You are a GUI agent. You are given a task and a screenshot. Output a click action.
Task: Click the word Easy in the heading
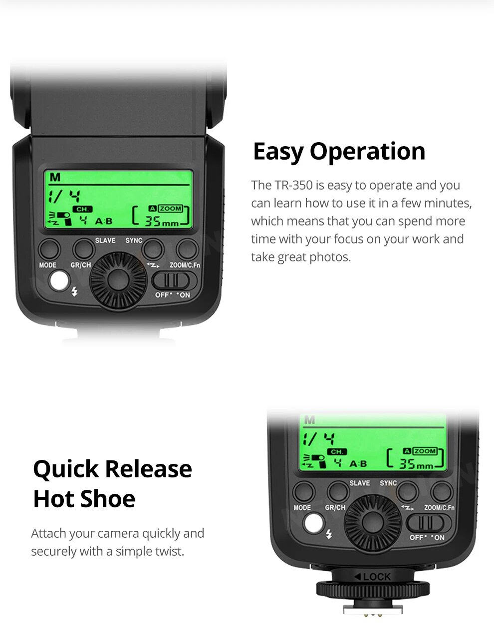coord(278,152)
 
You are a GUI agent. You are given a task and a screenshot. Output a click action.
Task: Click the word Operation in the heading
coord(367,151)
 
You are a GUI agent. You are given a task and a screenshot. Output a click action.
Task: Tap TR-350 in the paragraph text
coord(294,185)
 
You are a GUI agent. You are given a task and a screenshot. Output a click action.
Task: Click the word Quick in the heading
coord(66,469)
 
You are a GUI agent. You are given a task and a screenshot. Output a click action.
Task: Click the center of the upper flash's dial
coord(118,280)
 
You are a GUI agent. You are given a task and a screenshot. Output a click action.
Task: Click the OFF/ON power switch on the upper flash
coord(174,281)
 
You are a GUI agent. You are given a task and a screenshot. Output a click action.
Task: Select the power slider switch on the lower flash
coord(429,523)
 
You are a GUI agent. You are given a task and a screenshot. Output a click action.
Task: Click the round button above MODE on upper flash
coord(49,249)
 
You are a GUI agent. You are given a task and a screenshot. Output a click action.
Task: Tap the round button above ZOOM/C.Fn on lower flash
coord(442,492)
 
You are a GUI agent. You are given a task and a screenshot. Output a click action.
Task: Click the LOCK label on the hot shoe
coord(373,577)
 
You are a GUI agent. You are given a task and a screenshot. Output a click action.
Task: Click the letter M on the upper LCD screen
coord(55,177)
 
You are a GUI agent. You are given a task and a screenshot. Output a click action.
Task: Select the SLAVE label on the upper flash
coord(105,240)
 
